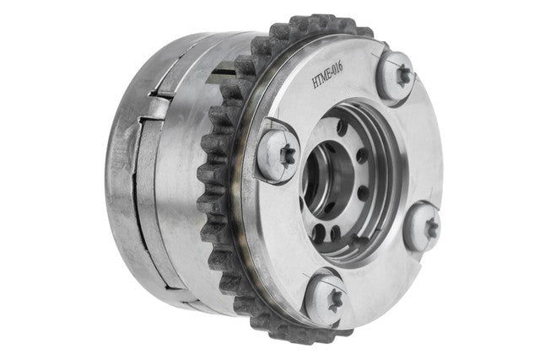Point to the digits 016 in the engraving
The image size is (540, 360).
point(337,69)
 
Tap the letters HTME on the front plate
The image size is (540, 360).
point(320,81)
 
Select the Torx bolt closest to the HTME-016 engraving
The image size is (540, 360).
point(397,78)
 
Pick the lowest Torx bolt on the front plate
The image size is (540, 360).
point(327,297)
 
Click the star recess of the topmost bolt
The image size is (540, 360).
point(403,77)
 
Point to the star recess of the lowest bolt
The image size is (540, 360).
point(335,299)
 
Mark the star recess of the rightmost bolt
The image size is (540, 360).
point(431,228)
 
